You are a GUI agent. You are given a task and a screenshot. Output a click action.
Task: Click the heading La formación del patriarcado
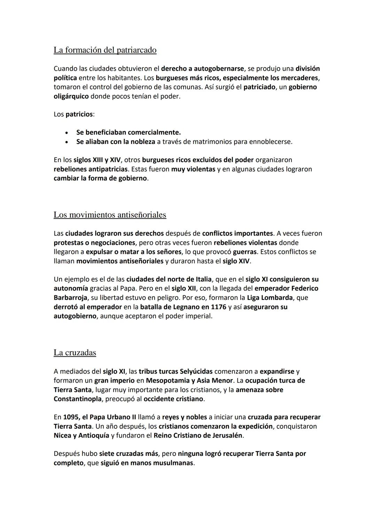point(105,50)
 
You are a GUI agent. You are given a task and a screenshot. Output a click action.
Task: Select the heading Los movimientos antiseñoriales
point(110,215)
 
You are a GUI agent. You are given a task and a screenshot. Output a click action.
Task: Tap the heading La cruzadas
point(75,353)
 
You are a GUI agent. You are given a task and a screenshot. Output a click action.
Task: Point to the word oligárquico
point(71,96)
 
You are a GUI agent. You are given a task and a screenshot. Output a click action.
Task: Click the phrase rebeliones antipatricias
point(91,169)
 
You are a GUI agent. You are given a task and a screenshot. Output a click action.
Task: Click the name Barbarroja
point(70,298)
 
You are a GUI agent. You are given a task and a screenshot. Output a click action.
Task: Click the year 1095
point(71,417)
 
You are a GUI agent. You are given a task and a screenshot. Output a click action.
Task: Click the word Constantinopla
point(78,399)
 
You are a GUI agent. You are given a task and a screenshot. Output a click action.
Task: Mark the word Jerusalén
point(227,435)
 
